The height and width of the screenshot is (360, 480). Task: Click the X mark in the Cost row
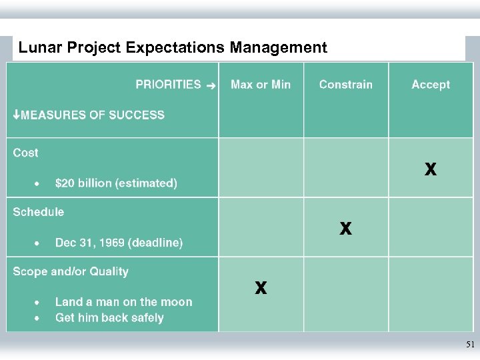[x=431, y=169]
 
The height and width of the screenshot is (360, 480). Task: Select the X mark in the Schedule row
[x=345, y=229]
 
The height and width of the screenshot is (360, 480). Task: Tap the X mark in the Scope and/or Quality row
[x=261, y=288]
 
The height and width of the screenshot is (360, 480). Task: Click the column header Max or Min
[x=261, y=85]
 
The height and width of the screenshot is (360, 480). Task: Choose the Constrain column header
[x=345, y=85]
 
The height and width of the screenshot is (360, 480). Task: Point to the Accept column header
[x=431, y=85]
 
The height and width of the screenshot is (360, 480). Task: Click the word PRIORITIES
[x=168, y=85]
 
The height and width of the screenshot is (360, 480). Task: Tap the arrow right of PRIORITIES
[x=211, y=85]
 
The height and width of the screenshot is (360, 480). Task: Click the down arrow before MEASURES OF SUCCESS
[x=17, y=115]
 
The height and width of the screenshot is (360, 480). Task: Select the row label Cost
[x=26, y=153]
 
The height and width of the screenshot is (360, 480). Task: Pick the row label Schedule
[x=39, y=212]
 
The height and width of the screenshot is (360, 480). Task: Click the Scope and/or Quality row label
[x=71, y=271]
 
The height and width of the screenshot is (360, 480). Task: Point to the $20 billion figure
[x=116, y=183]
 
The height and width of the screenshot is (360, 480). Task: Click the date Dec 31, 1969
[x=119, y=243]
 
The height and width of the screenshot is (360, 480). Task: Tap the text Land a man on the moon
[x=123, y=302]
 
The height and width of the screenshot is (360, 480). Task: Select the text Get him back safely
[x=109, y=318]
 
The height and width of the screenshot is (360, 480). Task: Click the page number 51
[x=470, y=345]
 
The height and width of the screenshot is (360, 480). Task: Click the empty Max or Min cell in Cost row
[x=261, y=167]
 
